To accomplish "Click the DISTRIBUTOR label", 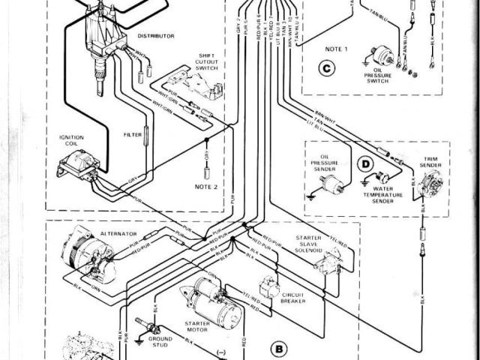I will click(x=157, y=35).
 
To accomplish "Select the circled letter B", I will click(x=280, y=347).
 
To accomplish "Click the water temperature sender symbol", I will click(x=383, y=178).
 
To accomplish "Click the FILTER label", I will click(x=132, y=135).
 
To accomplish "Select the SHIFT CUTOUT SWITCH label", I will click(x=206, y=62).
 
